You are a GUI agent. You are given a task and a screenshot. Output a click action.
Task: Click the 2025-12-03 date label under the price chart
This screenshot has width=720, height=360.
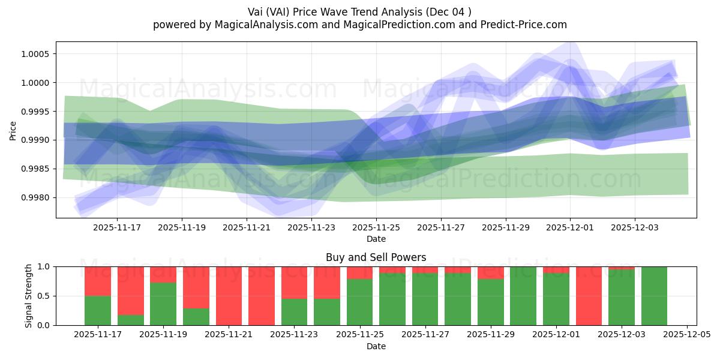[x=635, y=228]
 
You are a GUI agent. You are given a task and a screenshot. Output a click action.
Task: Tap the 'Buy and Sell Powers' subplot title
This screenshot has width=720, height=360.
[x=376, y=257]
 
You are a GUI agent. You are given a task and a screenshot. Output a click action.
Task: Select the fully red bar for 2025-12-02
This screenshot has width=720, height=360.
[x=589, y=296]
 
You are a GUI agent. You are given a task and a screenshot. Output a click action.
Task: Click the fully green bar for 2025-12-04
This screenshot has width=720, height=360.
[x=654, y=296]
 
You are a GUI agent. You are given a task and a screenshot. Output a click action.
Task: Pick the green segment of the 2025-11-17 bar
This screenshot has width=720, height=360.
[x=98, y=310]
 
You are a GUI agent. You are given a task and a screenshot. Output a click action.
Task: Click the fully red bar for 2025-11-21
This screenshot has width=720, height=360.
[x=229, y=296]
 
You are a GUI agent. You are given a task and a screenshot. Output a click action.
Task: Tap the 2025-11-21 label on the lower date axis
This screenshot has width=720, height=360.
[x=229, y=335]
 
